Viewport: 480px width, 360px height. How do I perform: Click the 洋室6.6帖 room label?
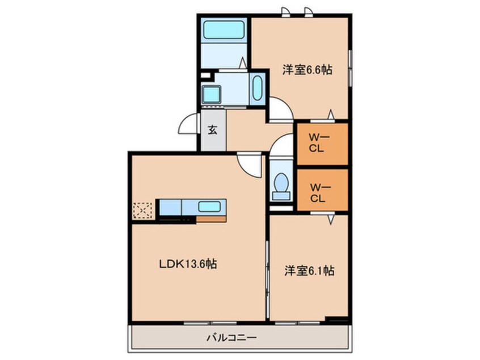[x=307, y=70]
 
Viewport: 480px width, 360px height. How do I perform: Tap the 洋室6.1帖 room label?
[x=309, y=271]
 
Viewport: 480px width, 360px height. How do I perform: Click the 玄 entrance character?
[x=212, y=130]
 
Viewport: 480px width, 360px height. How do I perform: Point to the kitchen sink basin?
[x=208, y=206]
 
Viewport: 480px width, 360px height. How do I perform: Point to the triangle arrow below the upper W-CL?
[x=331, y=116]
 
